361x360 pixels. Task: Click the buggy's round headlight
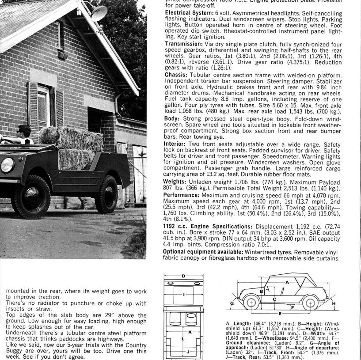coord(7,165)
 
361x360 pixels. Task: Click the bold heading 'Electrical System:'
coord(182,13)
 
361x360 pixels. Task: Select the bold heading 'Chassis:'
coord(175,75)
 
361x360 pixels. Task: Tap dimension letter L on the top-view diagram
coord(183,339)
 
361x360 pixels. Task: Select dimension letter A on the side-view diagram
coord(288,282)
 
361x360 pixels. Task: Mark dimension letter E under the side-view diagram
coord(280,314)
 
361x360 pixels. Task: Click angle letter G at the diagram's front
coord(232,304)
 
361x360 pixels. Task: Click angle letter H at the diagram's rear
coord(334,304)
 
